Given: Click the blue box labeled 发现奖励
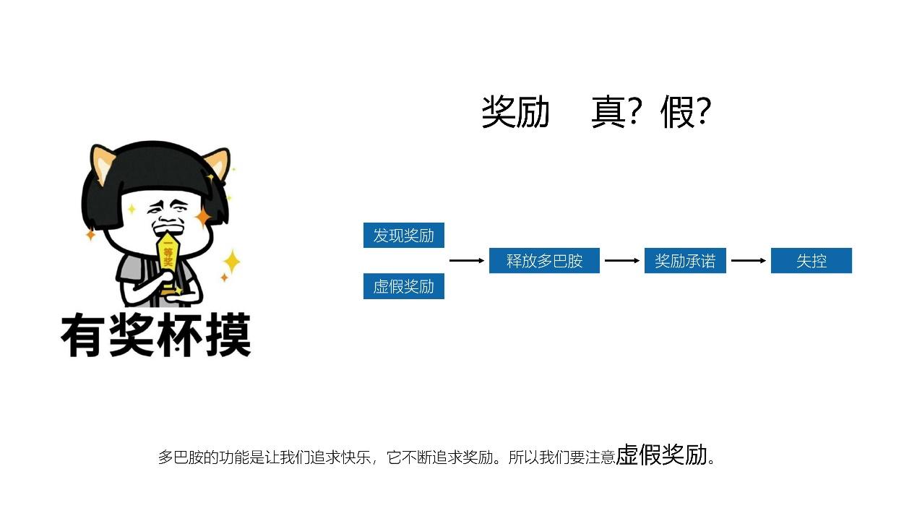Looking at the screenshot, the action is [x=403, y=236].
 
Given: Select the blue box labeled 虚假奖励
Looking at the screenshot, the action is [x=403, y=287].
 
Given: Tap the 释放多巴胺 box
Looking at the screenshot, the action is [x=544, y=261].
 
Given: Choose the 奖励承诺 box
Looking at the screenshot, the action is [x=685, y=261].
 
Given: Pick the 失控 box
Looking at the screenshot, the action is [x=811, y=261].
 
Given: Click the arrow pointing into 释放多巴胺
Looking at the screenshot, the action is [x=467, y=260].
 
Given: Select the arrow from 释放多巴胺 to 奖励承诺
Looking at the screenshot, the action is [x=622, y=260].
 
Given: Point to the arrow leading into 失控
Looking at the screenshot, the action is [x=749, y=260].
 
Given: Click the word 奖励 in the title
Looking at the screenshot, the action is [x=515, y=113].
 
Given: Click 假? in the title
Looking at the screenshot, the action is [x=686, y=113].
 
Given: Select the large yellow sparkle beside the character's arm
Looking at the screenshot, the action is [x=231, y=262].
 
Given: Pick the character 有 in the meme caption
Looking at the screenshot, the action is [x=84, y=335].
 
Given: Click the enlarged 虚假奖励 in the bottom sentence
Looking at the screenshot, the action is [x=661, y=455].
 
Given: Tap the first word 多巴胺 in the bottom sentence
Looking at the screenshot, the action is [x=177, y=457].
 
